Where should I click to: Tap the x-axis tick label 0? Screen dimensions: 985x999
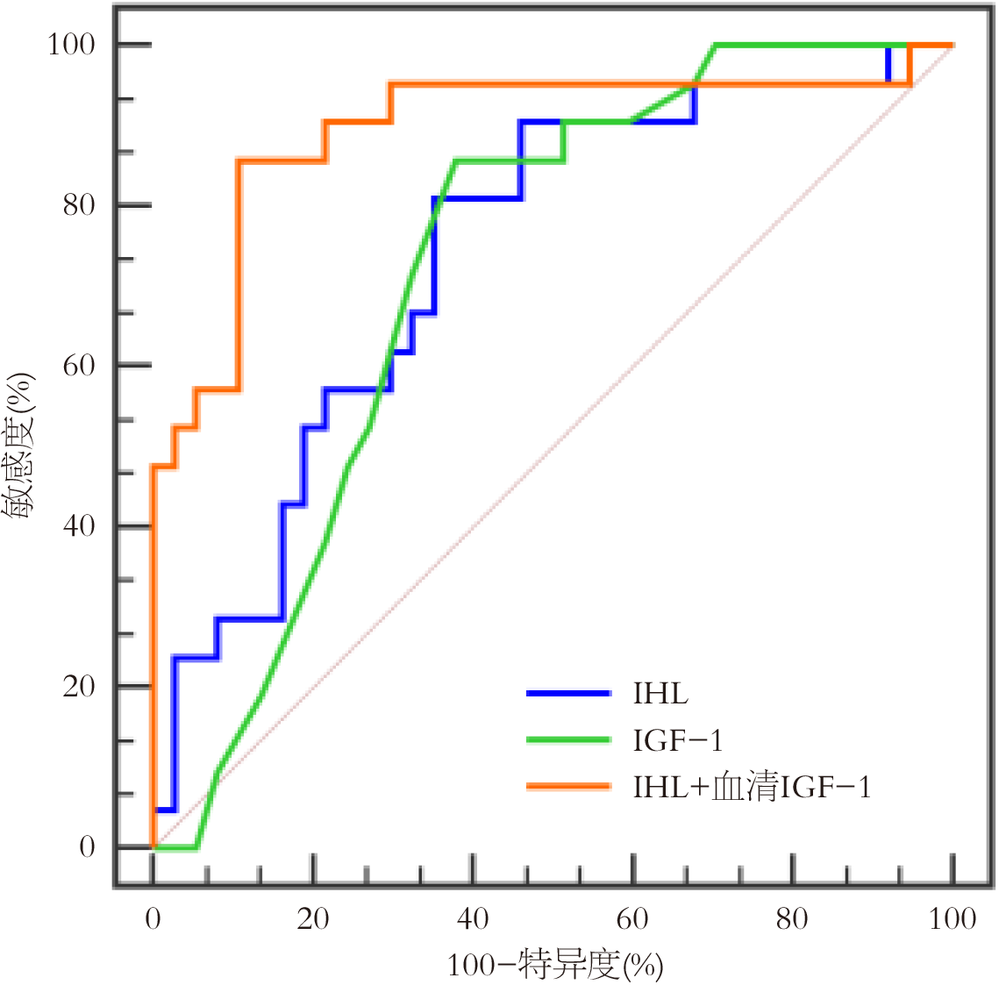coord(153,918)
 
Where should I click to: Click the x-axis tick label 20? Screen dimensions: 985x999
coord(312,918)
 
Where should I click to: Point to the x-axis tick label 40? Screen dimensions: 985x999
coord(473,918)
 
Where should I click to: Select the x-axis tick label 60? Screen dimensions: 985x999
coord(632,918)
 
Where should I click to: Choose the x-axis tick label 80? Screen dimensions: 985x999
coord(793,918)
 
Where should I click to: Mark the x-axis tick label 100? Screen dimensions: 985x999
coord(953,918)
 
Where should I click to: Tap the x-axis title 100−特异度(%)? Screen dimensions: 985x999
coord(554,965)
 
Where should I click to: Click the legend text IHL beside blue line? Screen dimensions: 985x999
coord(660,694)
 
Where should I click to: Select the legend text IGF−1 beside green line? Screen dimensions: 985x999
coord(678,740)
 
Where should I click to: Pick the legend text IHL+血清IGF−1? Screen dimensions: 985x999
coord(752,787)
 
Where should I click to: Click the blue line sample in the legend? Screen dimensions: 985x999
coord(568,694)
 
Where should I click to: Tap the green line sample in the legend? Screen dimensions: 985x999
coord(568,740)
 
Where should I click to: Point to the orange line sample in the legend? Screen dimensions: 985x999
coord(568,787)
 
